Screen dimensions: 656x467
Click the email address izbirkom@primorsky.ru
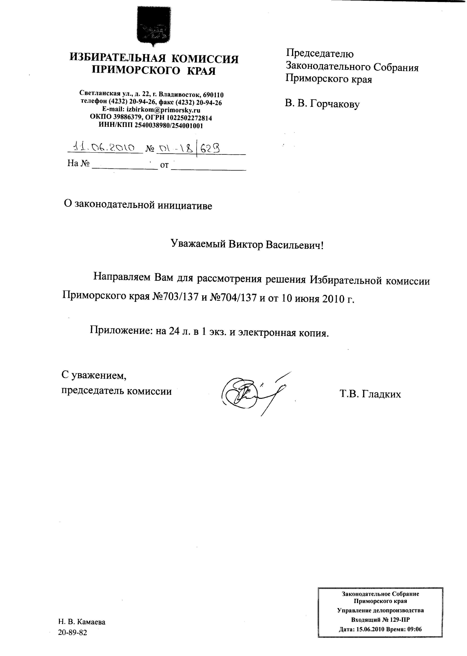(163, 110)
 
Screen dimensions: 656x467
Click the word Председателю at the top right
(320, 53)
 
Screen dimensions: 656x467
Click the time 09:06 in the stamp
(414, 629)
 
